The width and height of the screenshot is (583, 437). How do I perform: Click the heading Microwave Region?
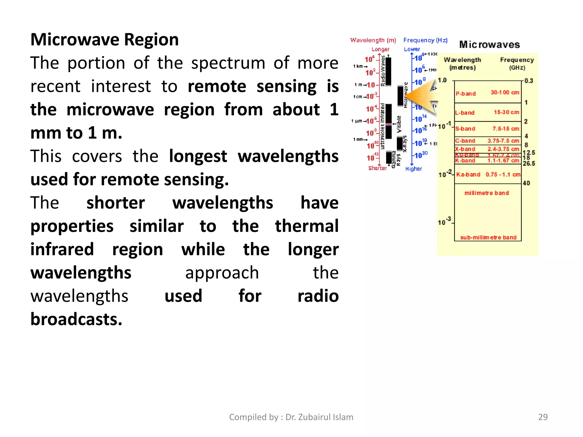(x=104, y=40)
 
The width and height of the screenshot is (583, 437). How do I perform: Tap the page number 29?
(x=543, y=417)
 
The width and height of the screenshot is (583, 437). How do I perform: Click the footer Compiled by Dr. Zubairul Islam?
(x=291, y=417)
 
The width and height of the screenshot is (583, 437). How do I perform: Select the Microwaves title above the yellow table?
(x=489, y=45)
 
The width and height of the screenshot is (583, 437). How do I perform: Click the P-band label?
(x=465, y=94)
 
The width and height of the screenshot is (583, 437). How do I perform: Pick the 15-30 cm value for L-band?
(x=506, y=112)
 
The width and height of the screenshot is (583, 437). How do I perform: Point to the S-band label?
(x=465, y=129)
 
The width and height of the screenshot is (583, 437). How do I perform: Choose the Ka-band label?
(x=468, y=174)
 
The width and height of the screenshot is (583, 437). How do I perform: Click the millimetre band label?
(x=486, y=193)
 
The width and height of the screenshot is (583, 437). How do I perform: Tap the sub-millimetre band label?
(x=488, y=237)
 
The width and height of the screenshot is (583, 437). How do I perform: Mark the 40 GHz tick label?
(x=526, y=183)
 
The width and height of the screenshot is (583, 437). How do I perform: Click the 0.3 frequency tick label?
(x=529, y=81)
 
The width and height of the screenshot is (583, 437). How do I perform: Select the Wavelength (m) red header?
(x=373, y=40)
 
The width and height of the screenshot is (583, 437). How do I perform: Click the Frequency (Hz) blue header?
(x=425, y=40)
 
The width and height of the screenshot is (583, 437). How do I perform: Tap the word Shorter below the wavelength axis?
(x=377, y=168)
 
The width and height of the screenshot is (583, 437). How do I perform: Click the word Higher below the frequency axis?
(x=413, y=169)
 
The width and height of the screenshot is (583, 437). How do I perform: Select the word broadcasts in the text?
(x=76, y=319)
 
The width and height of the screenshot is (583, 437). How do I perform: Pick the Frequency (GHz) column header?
(x=517, y=63)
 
